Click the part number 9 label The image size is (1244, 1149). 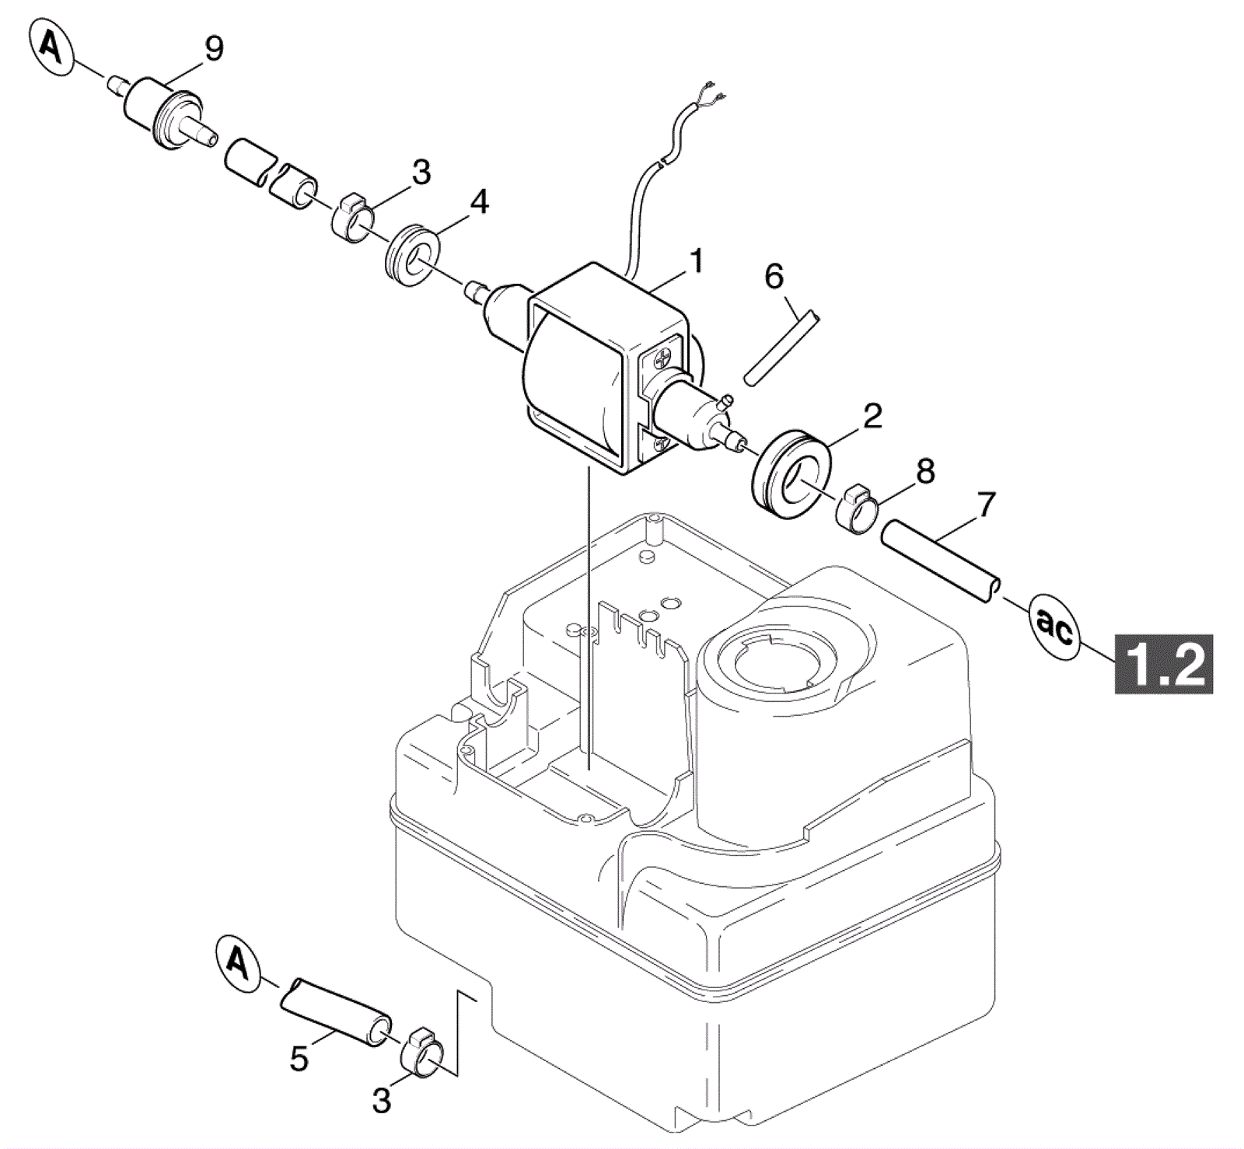tap(214, 49)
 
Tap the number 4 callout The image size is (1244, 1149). tap(480, 201)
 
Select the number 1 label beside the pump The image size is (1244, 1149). tap(697, 261)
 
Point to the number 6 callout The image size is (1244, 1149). tap(774, 276)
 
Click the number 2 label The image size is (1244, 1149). tap(873, 416)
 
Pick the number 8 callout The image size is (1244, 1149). tap(925, 471)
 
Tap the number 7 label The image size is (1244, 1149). tap(986, 505)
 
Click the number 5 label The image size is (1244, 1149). tap(299, 1059)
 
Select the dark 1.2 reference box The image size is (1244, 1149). tap(1164, 664)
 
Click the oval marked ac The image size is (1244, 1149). tap(1054, 627)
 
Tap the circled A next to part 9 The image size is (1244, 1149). tap(51, 48)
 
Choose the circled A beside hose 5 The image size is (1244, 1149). tap(237, 963)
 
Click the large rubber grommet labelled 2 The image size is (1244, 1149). tap(791, 473)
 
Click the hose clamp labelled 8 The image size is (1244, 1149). tap(858, 509)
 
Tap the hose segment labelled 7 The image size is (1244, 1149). tap(941, 561)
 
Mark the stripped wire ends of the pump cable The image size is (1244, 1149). tap(714, 92)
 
